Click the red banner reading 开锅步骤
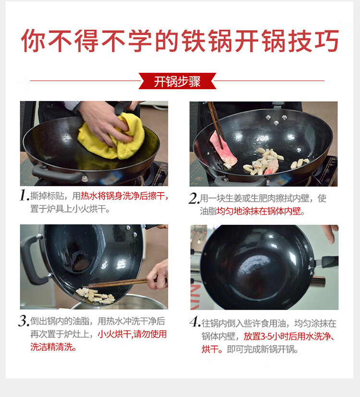pyautogui.click(x=177, y=81)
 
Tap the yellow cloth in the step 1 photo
pyautogui.click(x=111, y=139)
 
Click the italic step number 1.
pyautogui.click(x=24, y=196)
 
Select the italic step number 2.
pyautogui.click(x=194, y=198)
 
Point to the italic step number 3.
pyautogui.click(x=24, y=321)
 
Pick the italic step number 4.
pyautogui.click(x=195, y=322)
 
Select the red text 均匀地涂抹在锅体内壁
pyautogui.click(x=259, y=211)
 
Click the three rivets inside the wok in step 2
pyautogui.click(x=276, y=120)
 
